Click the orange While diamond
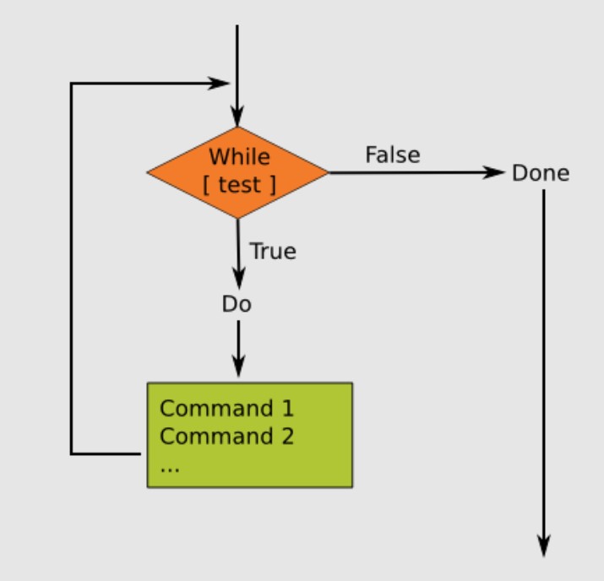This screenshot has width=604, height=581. point(237,172)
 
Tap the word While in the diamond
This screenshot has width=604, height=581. point(240,157)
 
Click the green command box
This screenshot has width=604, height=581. point(250,434)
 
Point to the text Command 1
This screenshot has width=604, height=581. point(226,409)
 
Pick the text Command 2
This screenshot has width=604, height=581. point(226,437)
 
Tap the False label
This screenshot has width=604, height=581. point(393,155)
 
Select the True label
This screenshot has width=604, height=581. point(273,252)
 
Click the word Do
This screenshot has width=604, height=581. point(237,305)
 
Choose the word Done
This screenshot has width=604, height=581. point(541,174)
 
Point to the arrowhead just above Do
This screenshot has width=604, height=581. point(237,280)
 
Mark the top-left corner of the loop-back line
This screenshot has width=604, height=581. point(71,84)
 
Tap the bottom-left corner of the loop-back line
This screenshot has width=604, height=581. point(71,454)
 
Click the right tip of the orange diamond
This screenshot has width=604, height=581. point(327,173)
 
